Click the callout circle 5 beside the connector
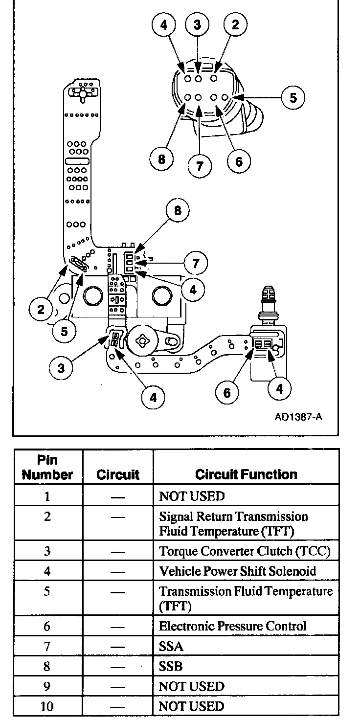point(292,97)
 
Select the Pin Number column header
point(47,467)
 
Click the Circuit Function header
point(246,474)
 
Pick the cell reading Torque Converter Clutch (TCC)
point(245,551)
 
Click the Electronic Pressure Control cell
point(233,626)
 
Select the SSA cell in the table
point(171,646)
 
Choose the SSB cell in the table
point(171,666)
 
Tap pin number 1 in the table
point(47,496)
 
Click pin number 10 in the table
point(47,706)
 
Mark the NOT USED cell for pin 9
point(191,686)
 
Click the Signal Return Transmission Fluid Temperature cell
point(234,523)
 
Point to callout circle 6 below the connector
point(238,161)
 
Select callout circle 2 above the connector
point(235,25)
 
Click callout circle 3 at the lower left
point(61,368)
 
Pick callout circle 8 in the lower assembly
point(177,211)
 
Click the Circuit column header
point(118,474)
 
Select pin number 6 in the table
point(47,626)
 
